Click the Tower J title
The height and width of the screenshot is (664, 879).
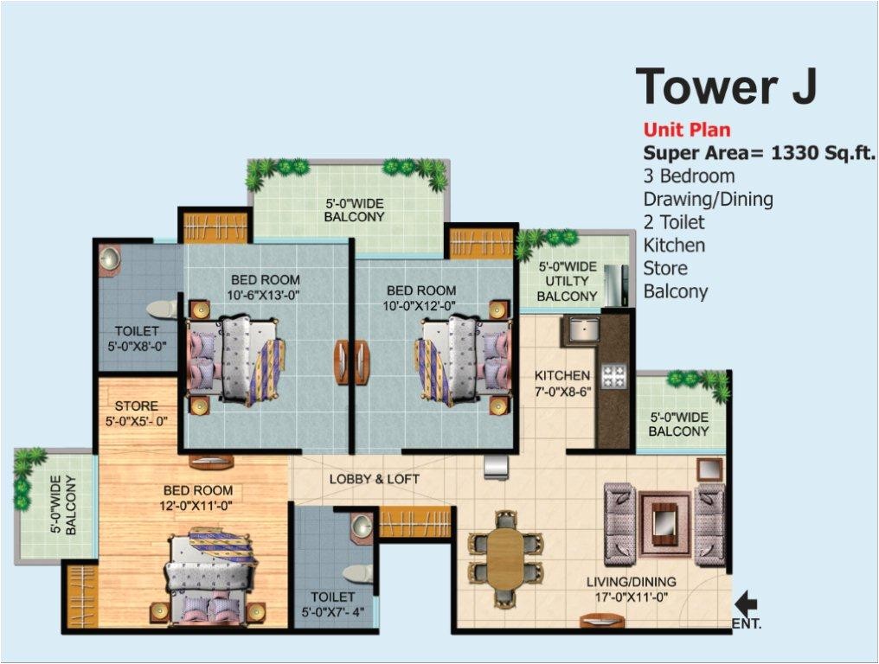click(x=727, y=86)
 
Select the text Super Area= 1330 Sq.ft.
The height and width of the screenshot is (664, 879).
click(x=759, y=153)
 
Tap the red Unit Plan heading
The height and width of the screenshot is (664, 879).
click(x=687, y=131)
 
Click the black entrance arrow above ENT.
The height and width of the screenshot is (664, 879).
click(x=746, y=603)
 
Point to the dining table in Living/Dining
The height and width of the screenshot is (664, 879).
click(x=506, y=557)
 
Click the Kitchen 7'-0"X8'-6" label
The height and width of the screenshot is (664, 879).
click(x=562, y=383)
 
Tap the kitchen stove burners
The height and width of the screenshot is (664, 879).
click(x=614, y=375)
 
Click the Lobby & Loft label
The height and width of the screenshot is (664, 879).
click(x=374, y=479)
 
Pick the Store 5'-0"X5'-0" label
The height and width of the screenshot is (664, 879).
click(x=137, y=413)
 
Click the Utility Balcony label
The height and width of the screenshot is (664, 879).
click(x=567, y=281)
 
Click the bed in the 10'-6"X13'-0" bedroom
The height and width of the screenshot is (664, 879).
click(x=234, y=359)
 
